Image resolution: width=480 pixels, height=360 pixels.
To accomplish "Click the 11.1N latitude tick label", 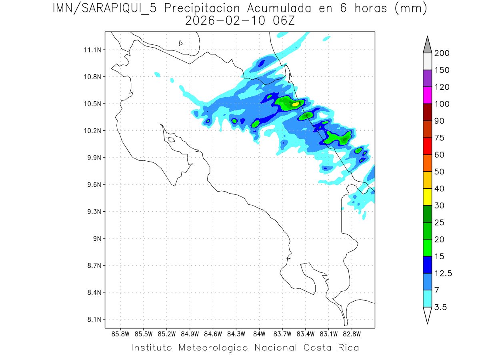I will coord(91,50).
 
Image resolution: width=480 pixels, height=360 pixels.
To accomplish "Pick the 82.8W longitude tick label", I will coord(352,334).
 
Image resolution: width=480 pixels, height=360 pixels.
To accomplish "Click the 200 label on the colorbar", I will coord(442,53).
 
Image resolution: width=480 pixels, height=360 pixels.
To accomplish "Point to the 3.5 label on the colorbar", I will coord(441,307).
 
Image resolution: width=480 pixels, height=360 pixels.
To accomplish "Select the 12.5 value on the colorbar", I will coord(443,273).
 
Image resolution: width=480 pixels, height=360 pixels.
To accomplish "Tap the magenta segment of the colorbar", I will coord(427,95).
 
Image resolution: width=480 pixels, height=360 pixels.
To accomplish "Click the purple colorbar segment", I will coord(427,78).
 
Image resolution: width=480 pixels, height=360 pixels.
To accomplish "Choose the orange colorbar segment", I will coord(427,163).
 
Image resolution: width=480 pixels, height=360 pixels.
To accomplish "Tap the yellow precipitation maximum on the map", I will coord(296,104).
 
